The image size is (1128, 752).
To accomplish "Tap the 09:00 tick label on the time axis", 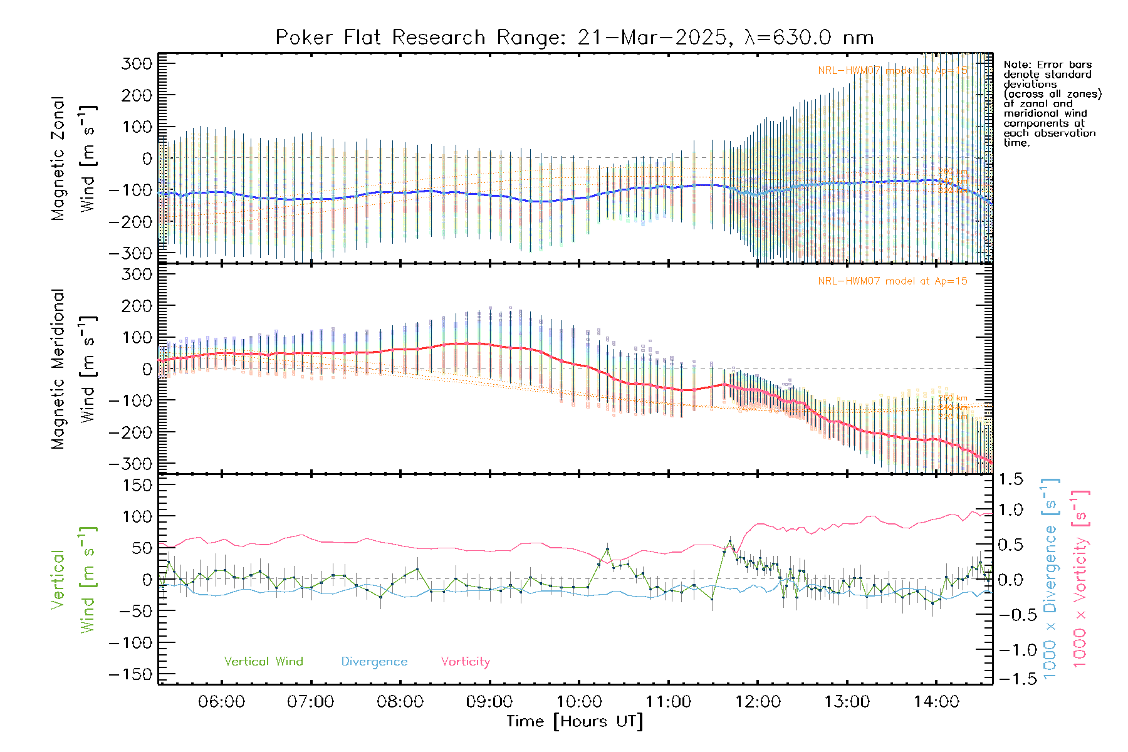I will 489,702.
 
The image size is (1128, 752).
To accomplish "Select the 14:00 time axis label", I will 936,702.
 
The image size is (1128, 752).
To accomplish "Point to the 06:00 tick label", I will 221,702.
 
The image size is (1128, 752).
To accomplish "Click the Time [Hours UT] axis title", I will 575,721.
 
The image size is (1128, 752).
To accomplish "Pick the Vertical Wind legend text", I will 263,662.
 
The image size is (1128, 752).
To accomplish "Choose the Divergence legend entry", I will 374,662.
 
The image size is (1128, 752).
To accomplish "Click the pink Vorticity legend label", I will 465,662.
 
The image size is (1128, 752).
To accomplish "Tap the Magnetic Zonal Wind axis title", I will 73,158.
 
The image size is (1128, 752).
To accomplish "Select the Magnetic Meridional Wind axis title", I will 73,369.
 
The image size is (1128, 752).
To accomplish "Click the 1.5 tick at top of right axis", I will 1010,479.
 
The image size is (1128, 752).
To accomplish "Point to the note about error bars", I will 1052,103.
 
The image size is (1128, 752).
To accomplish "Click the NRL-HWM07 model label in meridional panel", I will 892,281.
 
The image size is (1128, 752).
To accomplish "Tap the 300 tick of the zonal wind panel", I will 137,64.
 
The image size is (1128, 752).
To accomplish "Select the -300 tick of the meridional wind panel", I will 130,464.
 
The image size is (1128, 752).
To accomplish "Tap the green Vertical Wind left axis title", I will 73,580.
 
